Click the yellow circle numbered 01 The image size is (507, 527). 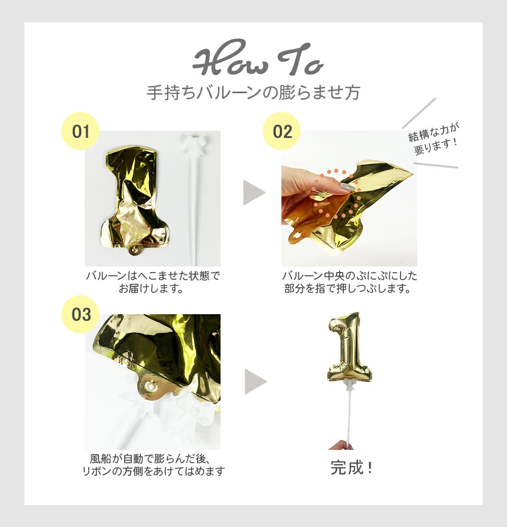coord(80,131)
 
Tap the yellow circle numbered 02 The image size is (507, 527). coord(281,131)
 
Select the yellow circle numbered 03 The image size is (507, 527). coord(80,314)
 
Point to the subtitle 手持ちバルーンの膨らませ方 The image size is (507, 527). coord(253,93)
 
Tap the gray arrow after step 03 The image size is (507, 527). coord(256,382)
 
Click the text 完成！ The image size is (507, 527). coord(352,468)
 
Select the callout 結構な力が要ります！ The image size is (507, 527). coord(434,138)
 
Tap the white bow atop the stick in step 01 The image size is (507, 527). coord(195,142)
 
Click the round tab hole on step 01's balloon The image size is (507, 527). coord(135,249)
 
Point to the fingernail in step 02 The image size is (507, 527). coord(347,187)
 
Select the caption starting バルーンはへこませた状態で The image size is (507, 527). coord(153,282)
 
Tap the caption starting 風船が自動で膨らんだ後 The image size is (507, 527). coord(153,465)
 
